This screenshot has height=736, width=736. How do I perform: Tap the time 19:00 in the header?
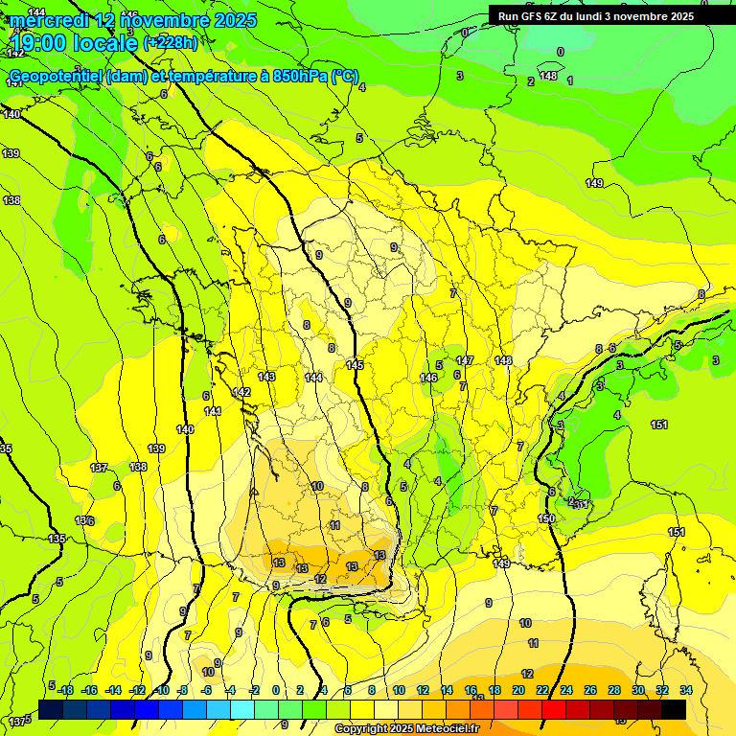42,43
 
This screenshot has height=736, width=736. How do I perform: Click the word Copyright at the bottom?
361,729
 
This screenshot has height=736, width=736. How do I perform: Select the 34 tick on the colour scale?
685,690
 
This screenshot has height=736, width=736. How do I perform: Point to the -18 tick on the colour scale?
65,690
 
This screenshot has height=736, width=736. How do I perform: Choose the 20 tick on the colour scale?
518,690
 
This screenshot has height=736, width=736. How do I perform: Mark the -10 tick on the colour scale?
162,690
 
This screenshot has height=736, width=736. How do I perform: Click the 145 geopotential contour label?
355,365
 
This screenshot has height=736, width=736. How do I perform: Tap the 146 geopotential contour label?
428,379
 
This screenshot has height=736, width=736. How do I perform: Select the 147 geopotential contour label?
465,360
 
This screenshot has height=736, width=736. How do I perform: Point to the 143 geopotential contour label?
266,377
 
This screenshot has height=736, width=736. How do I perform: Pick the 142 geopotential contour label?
241,393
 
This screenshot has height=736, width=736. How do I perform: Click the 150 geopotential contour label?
546,518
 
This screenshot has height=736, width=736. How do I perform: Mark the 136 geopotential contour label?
84,520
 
